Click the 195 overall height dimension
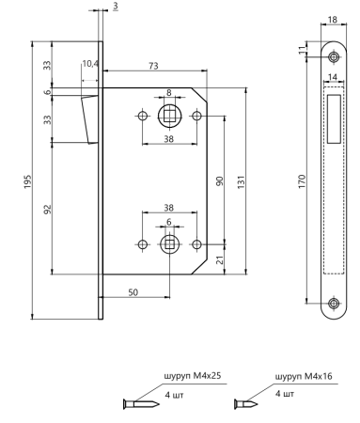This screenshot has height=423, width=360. tap(28, 181)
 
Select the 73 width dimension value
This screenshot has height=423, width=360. tap(153, 66)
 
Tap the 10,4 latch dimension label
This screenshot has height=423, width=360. tap(90, 64)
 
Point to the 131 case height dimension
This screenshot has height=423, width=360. tap(241, 182)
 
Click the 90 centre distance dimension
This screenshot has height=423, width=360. tap(220, 181)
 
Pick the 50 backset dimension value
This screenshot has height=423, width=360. tap(133, 292)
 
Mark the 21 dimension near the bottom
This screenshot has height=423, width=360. tap(221, 259)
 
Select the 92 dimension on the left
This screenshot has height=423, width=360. tap(47, 210)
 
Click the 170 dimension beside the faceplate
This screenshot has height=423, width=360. tap(302, 181)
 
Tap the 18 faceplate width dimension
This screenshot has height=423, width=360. tap(333, 20)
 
